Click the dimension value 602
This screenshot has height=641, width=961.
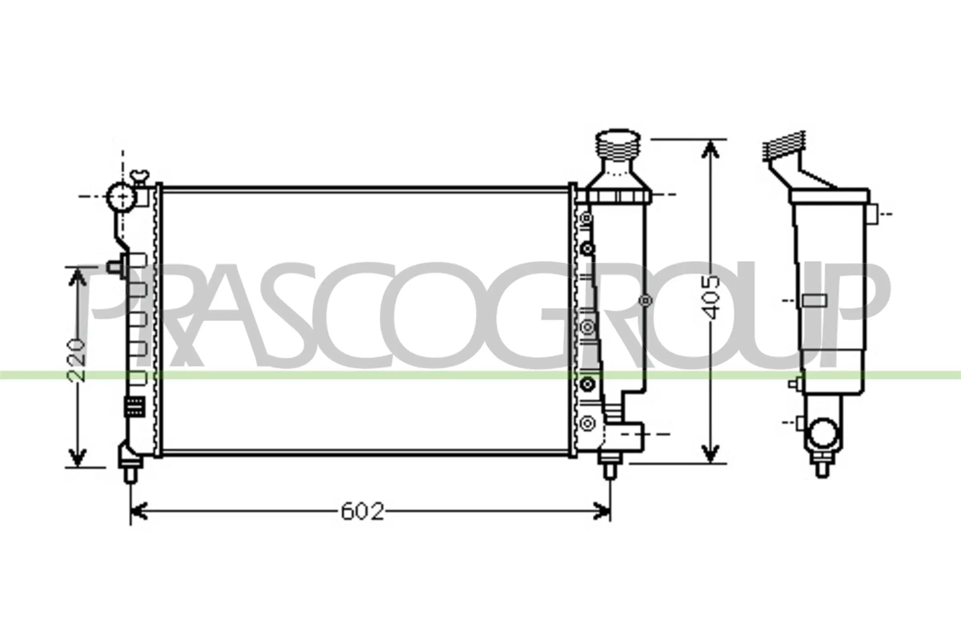tap(362, 512)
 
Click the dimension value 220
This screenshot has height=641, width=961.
tap(77, 360)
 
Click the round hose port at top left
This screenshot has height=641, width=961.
tap(121, 197)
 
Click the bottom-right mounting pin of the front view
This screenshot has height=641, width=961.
tap(609, 470)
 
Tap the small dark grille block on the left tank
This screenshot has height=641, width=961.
tap(135, 407)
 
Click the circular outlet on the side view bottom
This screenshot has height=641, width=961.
tap(823, 433)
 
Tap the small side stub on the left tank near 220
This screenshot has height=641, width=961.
tap(115, 267)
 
